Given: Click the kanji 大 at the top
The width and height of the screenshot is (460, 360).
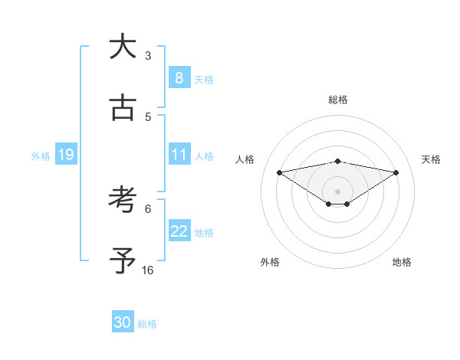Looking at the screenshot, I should click(122, 47).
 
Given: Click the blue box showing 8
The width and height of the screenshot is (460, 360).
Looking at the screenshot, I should click(179, 77).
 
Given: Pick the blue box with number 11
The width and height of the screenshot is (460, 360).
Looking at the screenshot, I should click(179, 155).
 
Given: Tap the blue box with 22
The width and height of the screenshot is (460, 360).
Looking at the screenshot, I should click(179, 231).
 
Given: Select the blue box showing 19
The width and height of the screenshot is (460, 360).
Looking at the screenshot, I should click(65, 155).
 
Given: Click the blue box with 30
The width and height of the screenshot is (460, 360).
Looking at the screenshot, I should click(123, 322).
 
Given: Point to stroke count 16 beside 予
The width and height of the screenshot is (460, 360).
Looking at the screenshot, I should click(148, 270).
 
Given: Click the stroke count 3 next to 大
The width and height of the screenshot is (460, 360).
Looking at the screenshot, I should click(148, 56).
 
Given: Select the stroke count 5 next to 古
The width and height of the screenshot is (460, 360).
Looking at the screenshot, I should click(148, 117).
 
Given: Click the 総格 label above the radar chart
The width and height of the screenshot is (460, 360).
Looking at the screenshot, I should click(337, 100).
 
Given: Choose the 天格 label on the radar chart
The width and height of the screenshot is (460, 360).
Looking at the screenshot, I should click(431, 159).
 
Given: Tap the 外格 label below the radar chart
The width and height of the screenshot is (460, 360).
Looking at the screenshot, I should click(270, 262).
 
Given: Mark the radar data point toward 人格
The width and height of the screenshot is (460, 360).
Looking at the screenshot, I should click(279, 172).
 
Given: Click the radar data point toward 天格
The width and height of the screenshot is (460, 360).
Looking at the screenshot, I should click(396, 172).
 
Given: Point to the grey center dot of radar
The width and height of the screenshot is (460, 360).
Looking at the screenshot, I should click(337, 191).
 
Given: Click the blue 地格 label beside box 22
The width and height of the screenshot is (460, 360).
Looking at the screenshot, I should click(204, 232).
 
